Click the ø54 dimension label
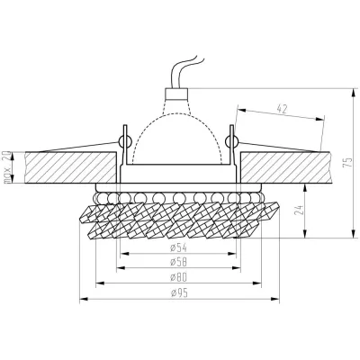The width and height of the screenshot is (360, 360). tap(178, 247)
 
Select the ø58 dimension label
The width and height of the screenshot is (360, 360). tap(178, 262)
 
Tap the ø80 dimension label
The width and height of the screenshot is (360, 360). tap(178, 277)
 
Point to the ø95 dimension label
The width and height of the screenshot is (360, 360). tap(179, 293)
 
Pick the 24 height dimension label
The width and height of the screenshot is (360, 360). tap(299, 210)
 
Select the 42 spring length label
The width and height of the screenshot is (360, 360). tap(282, 109)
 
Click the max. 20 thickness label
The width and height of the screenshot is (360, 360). tap(7, 167)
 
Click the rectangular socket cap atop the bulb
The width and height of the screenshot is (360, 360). tap(177, 94)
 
